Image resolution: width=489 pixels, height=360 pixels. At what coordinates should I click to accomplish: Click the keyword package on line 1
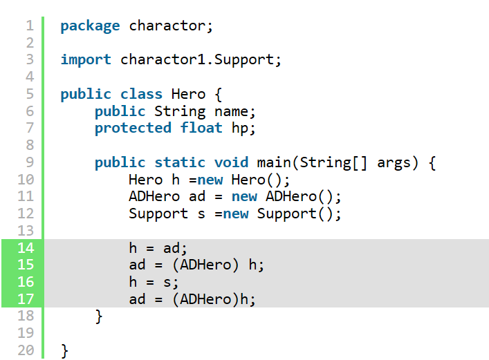coord(90,26)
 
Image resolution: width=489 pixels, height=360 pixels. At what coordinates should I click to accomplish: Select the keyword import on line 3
coord(86,60)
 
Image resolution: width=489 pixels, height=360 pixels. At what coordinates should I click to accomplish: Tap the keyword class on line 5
coord(141,94)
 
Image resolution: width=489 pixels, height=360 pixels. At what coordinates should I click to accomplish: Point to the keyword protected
coord(133,129)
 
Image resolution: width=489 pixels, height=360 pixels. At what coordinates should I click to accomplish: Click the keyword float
coord(201,128)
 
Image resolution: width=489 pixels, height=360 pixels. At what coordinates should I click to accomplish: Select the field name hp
coord(240,129)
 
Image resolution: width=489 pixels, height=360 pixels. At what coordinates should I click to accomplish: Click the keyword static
coord(180,162)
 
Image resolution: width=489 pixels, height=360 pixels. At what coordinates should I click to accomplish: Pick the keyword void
coord(231,162)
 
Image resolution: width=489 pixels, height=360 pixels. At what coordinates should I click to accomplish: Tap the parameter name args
coord(394,163)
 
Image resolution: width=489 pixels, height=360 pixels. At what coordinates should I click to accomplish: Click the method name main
coord(273,162)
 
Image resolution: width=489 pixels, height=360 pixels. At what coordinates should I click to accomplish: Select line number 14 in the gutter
coord(26,248)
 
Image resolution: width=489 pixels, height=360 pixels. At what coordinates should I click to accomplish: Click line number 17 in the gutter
coord(26,299)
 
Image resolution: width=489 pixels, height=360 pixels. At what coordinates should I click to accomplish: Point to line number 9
coord(30,162)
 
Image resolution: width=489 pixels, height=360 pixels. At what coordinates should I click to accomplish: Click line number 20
coord(26,350)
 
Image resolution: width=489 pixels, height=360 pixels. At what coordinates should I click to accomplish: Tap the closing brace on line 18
coord(98,316)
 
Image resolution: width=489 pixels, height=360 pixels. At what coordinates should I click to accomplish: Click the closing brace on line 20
coord(64,351)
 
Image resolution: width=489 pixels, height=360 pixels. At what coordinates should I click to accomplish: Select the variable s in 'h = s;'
coord(167,283)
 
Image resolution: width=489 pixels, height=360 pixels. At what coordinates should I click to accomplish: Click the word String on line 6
coord(180,111)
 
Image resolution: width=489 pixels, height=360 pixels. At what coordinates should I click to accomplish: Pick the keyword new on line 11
coord(244,197)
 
